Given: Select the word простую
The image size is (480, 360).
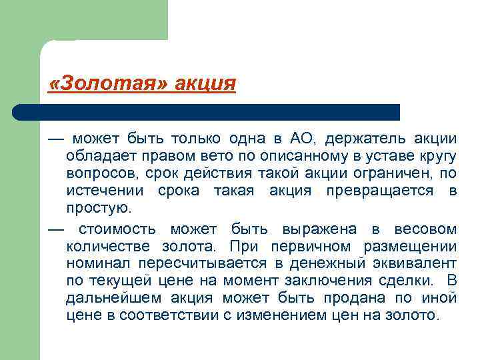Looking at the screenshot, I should click(x=97, y=209).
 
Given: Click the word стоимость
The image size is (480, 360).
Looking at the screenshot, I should click(x=121, y=229).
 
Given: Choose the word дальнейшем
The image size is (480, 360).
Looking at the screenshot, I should click(x=109, y=299).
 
